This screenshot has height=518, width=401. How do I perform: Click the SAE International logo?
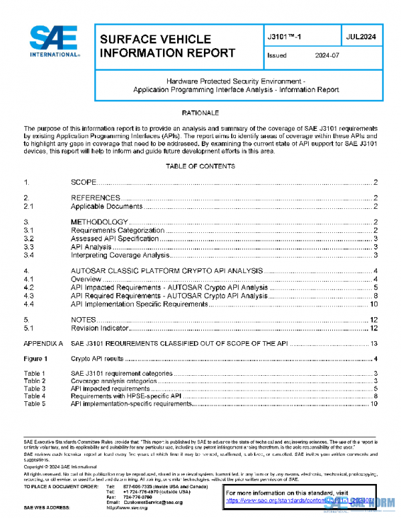[x=55, y=41]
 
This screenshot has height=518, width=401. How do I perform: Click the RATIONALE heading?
[x=200, y=113]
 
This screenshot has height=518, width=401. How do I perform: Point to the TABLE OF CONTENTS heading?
[x=200, y=166]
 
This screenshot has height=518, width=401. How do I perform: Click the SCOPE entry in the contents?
[x=84, y=182]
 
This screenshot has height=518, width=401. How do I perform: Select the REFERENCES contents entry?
[x=96, y=198]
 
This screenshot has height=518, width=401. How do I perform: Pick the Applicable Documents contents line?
[x=107, y=206]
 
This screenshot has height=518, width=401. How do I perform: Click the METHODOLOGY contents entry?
[x=99, y=222]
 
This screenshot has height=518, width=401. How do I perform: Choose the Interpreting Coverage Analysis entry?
[x=120, y=254]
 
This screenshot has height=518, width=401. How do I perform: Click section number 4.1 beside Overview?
[x=29, y=279]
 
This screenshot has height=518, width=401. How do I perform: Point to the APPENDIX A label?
[x=43, y=343]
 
